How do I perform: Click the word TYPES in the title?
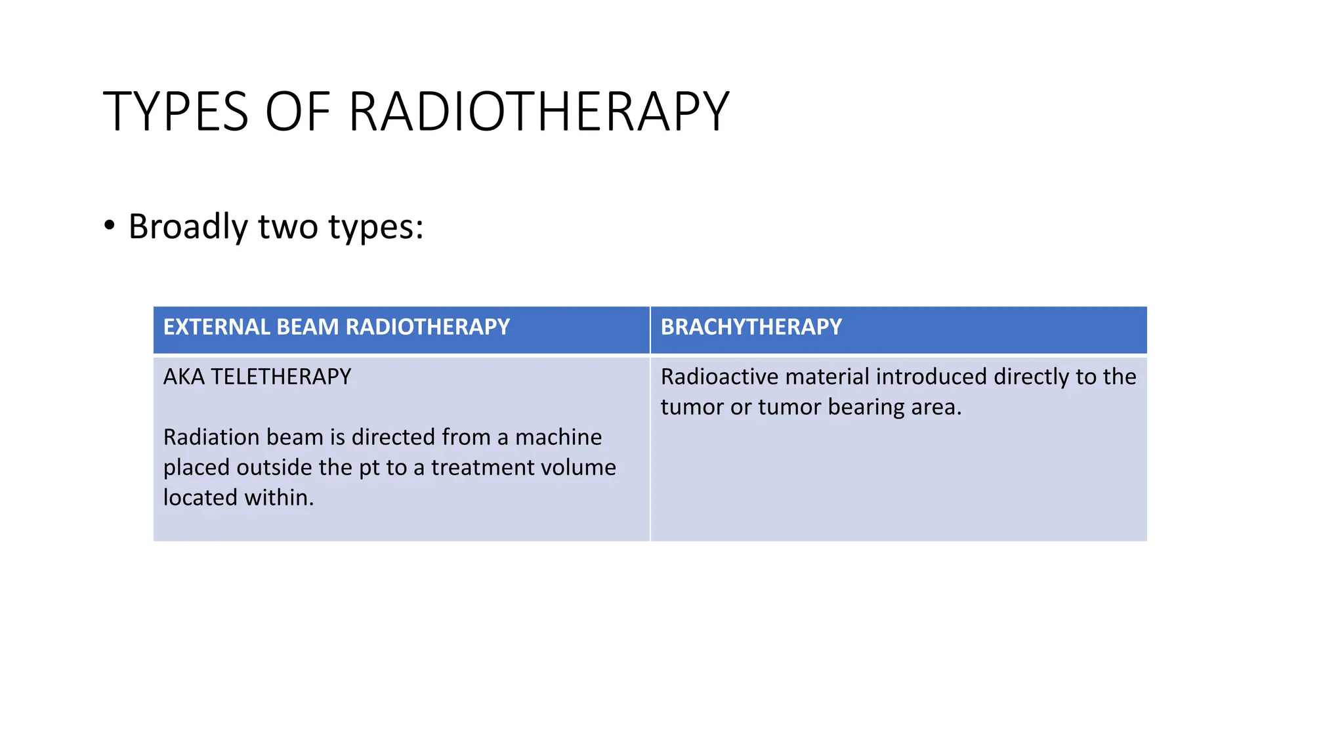176,112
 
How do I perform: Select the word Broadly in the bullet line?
188,226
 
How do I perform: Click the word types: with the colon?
376,228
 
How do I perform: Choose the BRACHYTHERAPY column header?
751,327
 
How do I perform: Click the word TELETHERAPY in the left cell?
281,377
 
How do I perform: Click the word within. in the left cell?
280,497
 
